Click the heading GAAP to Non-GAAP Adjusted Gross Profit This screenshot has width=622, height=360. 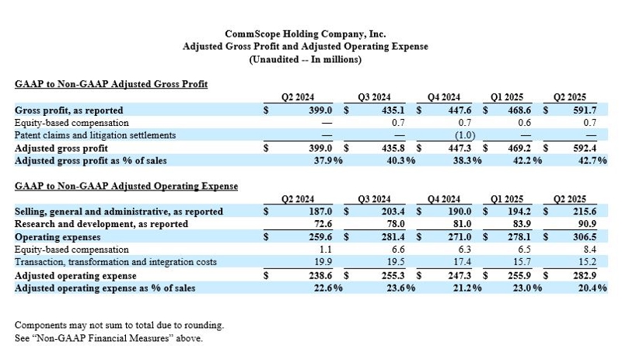(x=111, y=83)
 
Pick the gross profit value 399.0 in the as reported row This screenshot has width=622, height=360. (x=320, y=110)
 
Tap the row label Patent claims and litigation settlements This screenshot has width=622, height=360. (x=96, y=135)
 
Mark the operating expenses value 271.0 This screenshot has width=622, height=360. (x=463, y=236)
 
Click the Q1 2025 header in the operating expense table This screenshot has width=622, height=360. (x=508, y=198)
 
